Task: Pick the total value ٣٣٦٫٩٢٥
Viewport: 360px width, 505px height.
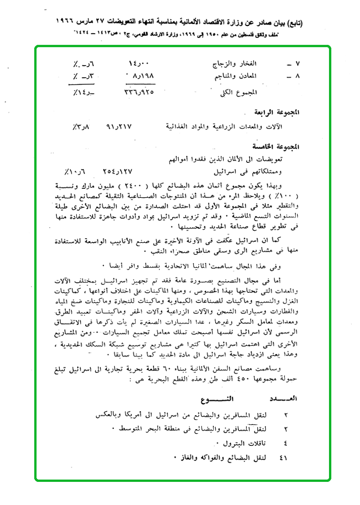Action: pos(141,92)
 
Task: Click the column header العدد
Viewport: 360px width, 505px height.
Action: pos(284,398)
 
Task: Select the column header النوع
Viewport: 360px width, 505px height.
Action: pos(217,398)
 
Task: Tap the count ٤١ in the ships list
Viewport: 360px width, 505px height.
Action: pos(284,458)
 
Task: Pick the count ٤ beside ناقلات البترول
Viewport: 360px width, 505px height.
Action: pos(285,443)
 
